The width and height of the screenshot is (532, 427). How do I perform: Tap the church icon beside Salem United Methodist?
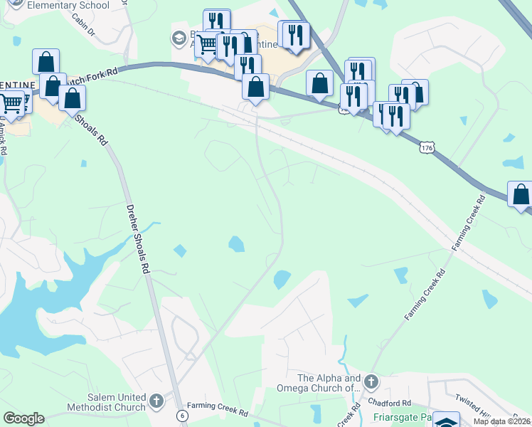point(156,402)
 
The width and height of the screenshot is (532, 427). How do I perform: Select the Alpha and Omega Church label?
point(329,383)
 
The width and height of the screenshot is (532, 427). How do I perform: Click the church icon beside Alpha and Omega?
point(370,384)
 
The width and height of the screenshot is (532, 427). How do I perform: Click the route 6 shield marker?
point(183,415)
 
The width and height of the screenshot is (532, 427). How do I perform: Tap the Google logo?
point(23,418)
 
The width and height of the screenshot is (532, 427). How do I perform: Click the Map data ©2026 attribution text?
point(501,421)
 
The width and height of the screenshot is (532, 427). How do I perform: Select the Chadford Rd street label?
point(396,404)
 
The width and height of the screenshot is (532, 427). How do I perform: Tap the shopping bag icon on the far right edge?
point(521,194)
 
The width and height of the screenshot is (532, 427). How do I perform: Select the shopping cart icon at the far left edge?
point(11,104)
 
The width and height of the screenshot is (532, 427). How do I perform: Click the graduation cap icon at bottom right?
point(447,421)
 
